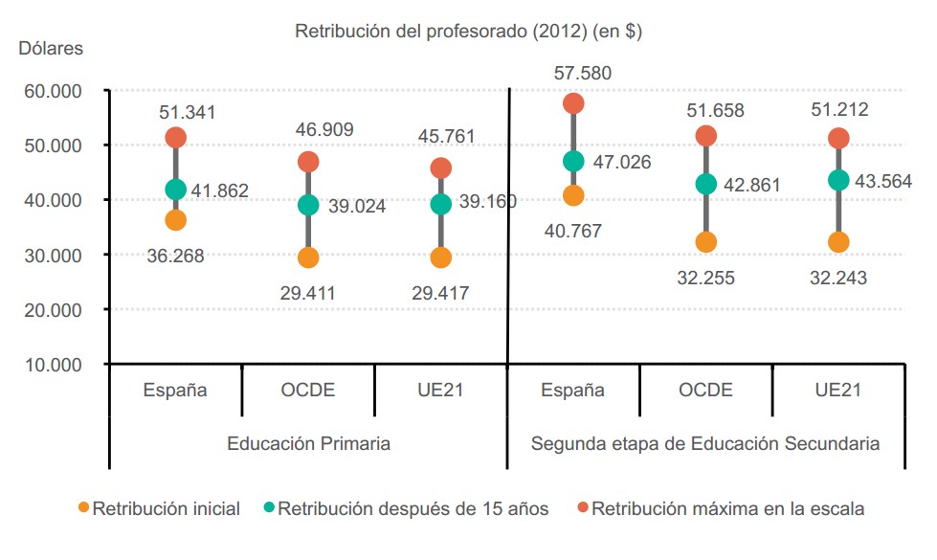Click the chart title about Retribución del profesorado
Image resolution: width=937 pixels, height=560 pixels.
(468, 32)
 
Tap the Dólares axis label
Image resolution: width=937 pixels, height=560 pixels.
(51, 48)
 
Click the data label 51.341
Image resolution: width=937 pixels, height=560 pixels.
(188, 112)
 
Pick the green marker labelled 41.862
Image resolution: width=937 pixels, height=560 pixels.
(175, 190)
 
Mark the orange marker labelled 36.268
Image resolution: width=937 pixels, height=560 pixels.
(175, 220)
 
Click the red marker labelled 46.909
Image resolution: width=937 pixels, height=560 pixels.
(308, 162)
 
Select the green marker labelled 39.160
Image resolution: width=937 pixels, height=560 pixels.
(441, 203)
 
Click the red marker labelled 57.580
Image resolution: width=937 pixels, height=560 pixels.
(573, 103)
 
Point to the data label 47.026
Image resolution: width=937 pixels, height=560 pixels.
(620, 163)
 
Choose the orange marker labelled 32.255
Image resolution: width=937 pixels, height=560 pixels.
(705, 242)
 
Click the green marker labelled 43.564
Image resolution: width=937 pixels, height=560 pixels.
(838, 180)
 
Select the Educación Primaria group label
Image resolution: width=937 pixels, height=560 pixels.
(308, 444)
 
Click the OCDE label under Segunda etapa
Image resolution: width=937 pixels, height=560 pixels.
(705, 391)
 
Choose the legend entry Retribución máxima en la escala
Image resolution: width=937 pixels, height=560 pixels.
(726, 509)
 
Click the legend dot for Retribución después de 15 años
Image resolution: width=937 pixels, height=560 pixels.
(282, 509)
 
